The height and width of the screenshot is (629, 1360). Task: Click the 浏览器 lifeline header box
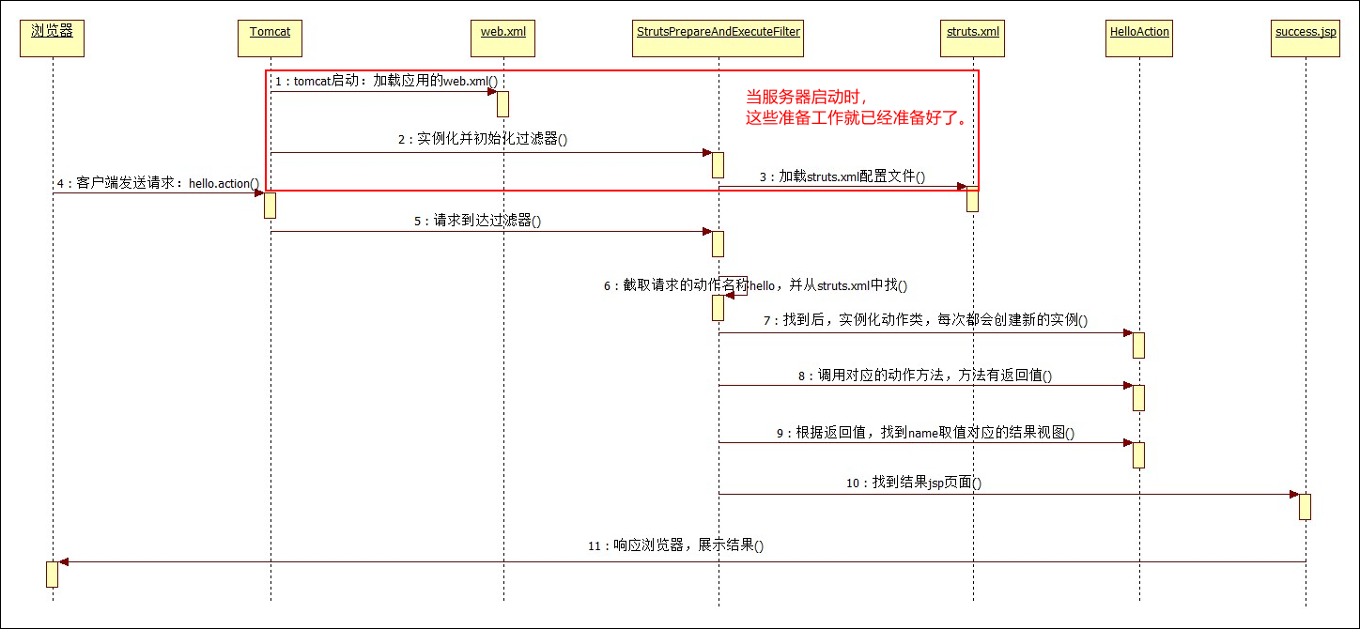tap(53, 38)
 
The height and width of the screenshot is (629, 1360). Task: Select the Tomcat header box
tap(270, 38)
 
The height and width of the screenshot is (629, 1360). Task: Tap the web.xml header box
tap(502, 38)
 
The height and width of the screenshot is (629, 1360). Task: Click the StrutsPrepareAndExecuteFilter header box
tap(718, 38)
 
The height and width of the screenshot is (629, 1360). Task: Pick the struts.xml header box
tap(973, 38)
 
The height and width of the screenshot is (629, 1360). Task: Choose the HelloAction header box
tap(1139, 38)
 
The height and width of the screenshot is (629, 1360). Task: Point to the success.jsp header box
tap(1306, 38)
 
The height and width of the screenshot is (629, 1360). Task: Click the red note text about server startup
tap(858, 107)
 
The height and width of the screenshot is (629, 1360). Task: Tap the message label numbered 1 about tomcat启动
tap(386, 81)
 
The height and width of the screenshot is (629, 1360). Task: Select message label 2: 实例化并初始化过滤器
tap(483, 139)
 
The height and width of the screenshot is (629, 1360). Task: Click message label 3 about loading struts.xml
tap(842, 176)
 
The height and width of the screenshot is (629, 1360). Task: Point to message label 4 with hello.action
tap(159, 183)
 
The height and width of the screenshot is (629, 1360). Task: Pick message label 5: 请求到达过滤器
tap(477, 221)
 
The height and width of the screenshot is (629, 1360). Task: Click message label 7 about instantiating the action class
tap(925, 320)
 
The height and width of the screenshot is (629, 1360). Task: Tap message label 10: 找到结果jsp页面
tap(914, 483)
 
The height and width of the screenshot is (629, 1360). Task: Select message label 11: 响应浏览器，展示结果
tap(675, 545)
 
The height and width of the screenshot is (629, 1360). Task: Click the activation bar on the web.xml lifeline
tap(502, 104)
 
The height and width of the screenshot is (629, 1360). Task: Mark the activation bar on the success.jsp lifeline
tap(1305, 507)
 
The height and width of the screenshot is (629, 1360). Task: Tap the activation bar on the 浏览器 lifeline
tap(53, 575)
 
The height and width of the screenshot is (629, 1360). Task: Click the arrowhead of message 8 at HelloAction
tap(1128, 386)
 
